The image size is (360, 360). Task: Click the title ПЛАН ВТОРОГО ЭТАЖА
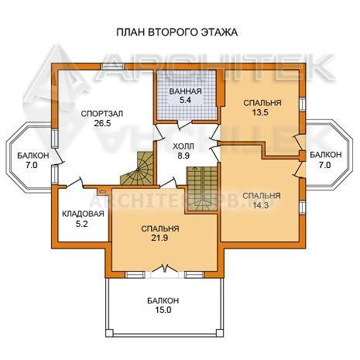(x=177, y=33)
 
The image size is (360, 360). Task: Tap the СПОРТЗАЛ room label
(x=102, y=114)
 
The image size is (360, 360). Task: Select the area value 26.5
(x=102, y=123)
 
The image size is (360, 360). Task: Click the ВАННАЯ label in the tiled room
(x=185, y=91)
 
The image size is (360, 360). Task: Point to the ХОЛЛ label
(x=183, y=146)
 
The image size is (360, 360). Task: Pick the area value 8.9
(x=183, y=156)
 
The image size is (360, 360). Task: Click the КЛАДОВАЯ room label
(x=83, y=214)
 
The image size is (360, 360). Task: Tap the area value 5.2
(x=82, y=224)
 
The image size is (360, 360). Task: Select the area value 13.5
(x=261, y=112)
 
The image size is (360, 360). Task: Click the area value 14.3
(x=261, y=205)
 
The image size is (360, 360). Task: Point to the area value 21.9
(x=159, y=238)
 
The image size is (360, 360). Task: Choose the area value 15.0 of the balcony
(x=163, y=310)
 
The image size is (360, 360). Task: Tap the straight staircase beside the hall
(x=203, y=189)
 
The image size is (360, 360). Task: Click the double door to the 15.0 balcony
(x=164, y=269)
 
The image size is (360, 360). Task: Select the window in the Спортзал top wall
(x=112, y=66)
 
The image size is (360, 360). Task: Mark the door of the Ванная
(x=184, y=124)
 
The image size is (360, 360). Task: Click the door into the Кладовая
(x=74, y=183)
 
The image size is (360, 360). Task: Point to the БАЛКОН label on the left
(x=33, y=156)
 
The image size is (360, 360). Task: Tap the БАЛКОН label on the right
(x=326, y=155)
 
